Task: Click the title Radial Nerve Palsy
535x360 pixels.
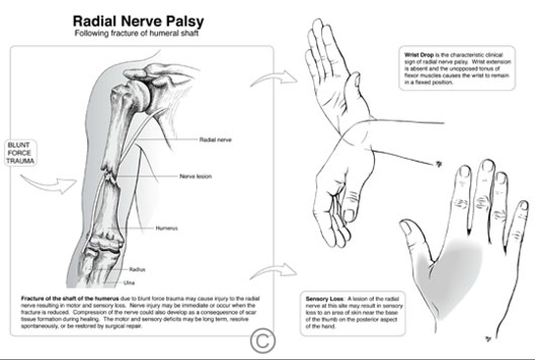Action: [138, 22]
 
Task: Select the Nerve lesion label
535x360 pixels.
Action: [195, 176]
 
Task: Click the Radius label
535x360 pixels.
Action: [137, 269]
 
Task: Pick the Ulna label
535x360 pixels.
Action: [129, 282]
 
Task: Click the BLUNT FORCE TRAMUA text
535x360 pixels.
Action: [19, 152]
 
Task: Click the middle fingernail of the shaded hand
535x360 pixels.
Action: [487, 166]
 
